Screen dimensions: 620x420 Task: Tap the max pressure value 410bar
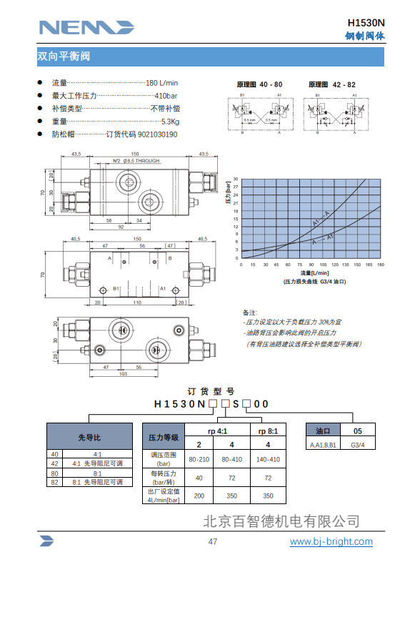[x=167, y=96]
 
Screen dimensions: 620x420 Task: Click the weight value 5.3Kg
[x=169, y=122]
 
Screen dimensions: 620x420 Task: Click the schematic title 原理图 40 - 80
[x=259, y=84]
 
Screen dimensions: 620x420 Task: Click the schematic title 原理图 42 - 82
[x=332, y=84]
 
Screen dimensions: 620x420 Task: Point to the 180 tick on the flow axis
[x=381, y=265]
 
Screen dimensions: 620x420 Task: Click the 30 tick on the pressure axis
[x=236, y=179]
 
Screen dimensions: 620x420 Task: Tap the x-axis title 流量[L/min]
[x=314, y=272]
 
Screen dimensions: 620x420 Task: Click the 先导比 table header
[x=89, y=437]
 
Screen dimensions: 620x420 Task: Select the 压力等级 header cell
[x=163, y=437]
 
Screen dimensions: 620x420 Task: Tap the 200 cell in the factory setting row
[x=199, y=496]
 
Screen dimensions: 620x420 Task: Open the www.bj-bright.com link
[x=331, y=541]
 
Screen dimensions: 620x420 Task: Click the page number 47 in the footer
[x=212, y=541]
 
